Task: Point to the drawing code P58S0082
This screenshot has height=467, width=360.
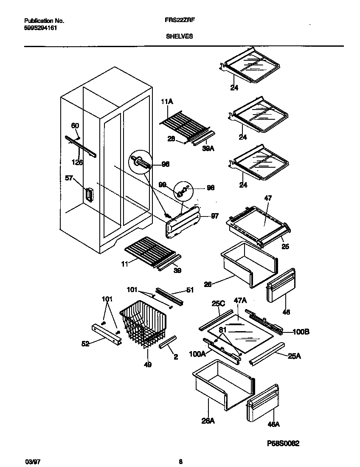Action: point(283,443)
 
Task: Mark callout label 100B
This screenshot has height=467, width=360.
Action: point(301,332)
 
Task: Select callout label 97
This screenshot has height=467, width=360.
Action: point(214,216)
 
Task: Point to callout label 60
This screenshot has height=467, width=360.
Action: point(75,126)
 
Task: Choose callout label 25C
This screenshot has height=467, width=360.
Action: point(218,303)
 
